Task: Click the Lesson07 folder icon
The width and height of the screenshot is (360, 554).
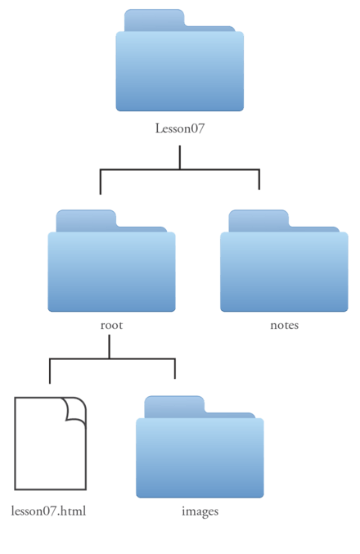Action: [179, 61]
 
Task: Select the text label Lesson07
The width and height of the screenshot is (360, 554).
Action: [180, 128]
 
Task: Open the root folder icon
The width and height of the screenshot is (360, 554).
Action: [111, 261]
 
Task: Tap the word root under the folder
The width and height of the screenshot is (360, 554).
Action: [111, 325]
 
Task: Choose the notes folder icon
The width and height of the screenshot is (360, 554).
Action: [284, 261]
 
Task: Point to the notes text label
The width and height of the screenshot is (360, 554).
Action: [285, 325]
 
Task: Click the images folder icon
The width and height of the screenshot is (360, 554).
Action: [200, 447]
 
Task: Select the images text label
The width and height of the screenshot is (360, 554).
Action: [200, 511]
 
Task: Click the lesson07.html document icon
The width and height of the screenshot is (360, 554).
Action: [50, 444]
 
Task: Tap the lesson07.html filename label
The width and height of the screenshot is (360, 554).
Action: [48, 511]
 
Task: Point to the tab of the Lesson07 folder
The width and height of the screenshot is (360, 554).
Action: [155, 20]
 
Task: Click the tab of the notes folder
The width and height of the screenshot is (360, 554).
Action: [259, 221]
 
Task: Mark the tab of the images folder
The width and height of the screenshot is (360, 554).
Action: [174, 407]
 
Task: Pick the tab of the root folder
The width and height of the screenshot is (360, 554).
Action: [86, 221]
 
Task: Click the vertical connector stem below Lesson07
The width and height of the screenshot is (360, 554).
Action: [180, 158]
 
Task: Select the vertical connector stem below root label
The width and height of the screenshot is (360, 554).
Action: [109, 347]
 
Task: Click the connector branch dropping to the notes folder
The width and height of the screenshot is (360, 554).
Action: [259, 179]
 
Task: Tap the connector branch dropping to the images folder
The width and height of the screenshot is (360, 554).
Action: [175, 369]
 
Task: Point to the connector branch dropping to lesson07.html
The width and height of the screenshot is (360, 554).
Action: [50, 371]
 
